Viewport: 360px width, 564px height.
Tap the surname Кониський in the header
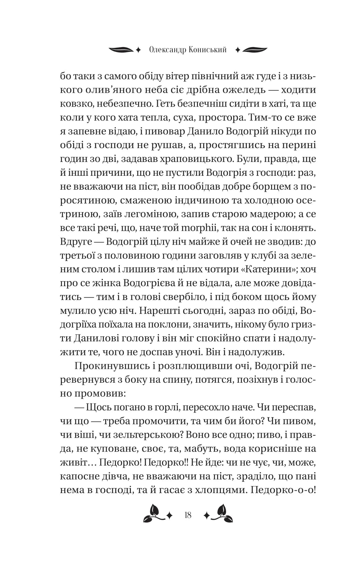208,50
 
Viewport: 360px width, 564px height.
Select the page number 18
188,515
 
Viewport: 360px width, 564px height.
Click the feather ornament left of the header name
121,49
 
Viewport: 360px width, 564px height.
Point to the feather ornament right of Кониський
255,49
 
